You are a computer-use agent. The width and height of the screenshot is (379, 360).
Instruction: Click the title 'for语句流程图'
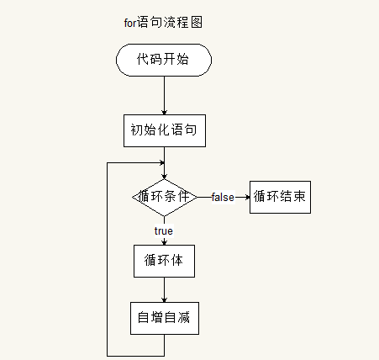click(x=163, y=23)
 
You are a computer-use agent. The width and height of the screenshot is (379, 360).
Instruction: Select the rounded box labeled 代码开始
click(x=164, y=60)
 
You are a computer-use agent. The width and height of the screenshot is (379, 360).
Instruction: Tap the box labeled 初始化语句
click(x=165, y=130)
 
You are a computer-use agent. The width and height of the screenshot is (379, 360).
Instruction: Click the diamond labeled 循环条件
click(x=165, y=198)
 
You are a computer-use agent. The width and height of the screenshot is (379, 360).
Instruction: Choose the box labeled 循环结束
click(x=280, y=197)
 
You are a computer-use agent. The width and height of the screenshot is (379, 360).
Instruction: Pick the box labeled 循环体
click(x=164, y=261)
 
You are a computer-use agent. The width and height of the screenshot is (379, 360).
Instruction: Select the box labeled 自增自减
click(x=165, y=318)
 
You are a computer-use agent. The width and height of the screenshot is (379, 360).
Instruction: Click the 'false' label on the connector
click(x=223, y=197)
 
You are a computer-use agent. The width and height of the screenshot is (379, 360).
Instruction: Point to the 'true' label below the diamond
click(x=164, y=230)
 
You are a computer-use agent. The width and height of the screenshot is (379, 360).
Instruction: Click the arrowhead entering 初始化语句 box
click(x=165, y=113)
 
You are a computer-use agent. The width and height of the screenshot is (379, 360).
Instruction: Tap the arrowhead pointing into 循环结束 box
click(x=247, y=197)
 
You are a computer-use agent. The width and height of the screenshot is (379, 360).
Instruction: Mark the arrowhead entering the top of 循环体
click(x=165, y=243)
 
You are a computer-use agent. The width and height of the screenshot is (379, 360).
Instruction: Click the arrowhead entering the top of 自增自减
click(x=165, y=300)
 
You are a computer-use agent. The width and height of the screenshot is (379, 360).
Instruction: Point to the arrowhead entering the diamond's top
click(x=165, y=177)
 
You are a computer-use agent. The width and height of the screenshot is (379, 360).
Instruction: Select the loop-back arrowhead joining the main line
click(x=162, y=162)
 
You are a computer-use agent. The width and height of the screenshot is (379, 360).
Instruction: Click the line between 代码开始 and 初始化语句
click(x=165, y=95)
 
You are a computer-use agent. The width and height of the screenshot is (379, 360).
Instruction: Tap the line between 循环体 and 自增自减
click(x=165, y=289)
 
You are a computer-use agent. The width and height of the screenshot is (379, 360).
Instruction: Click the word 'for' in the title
click(x=130, y=23)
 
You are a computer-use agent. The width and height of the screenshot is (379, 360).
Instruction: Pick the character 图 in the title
click(x=197, y=23)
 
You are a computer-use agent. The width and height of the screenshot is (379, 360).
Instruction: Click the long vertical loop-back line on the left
click(x=107, y=259)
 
